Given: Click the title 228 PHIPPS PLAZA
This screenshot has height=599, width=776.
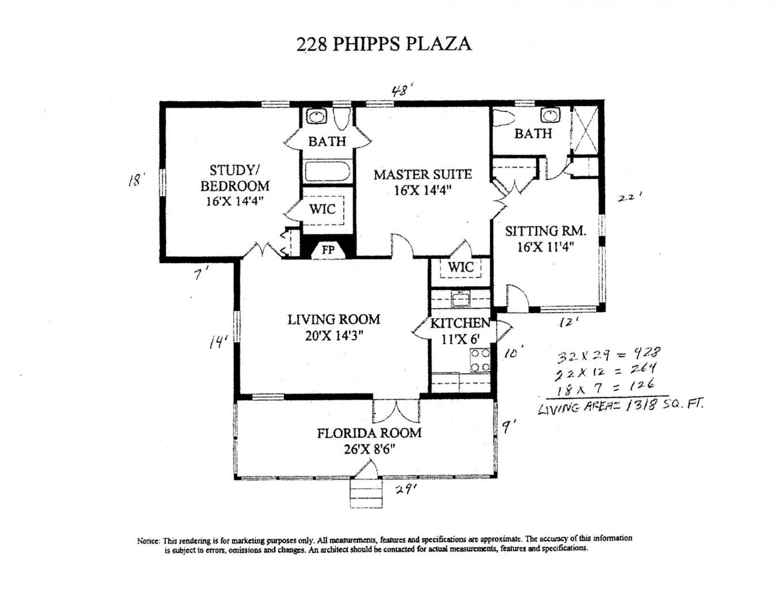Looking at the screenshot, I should click(383, 44).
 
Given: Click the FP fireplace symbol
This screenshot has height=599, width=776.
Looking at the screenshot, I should click(328, 250).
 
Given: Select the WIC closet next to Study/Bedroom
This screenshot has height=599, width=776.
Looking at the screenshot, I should click(322, 209).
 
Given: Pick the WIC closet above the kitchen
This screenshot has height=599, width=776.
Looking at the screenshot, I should click(460, 267).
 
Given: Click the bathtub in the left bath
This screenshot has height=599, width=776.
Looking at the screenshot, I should click(326, 172).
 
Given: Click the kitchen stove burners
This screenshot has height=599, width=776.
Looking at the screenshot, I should click(479, 360).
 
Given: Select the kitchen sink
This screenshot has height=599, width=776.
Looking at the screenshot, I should click(459, 299).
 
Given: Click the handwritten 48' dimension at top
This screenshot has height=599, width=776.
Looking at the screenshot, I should click(402, 91).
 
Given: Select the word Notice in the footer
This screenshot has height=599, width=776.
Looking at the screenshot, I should click(147, 540).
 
